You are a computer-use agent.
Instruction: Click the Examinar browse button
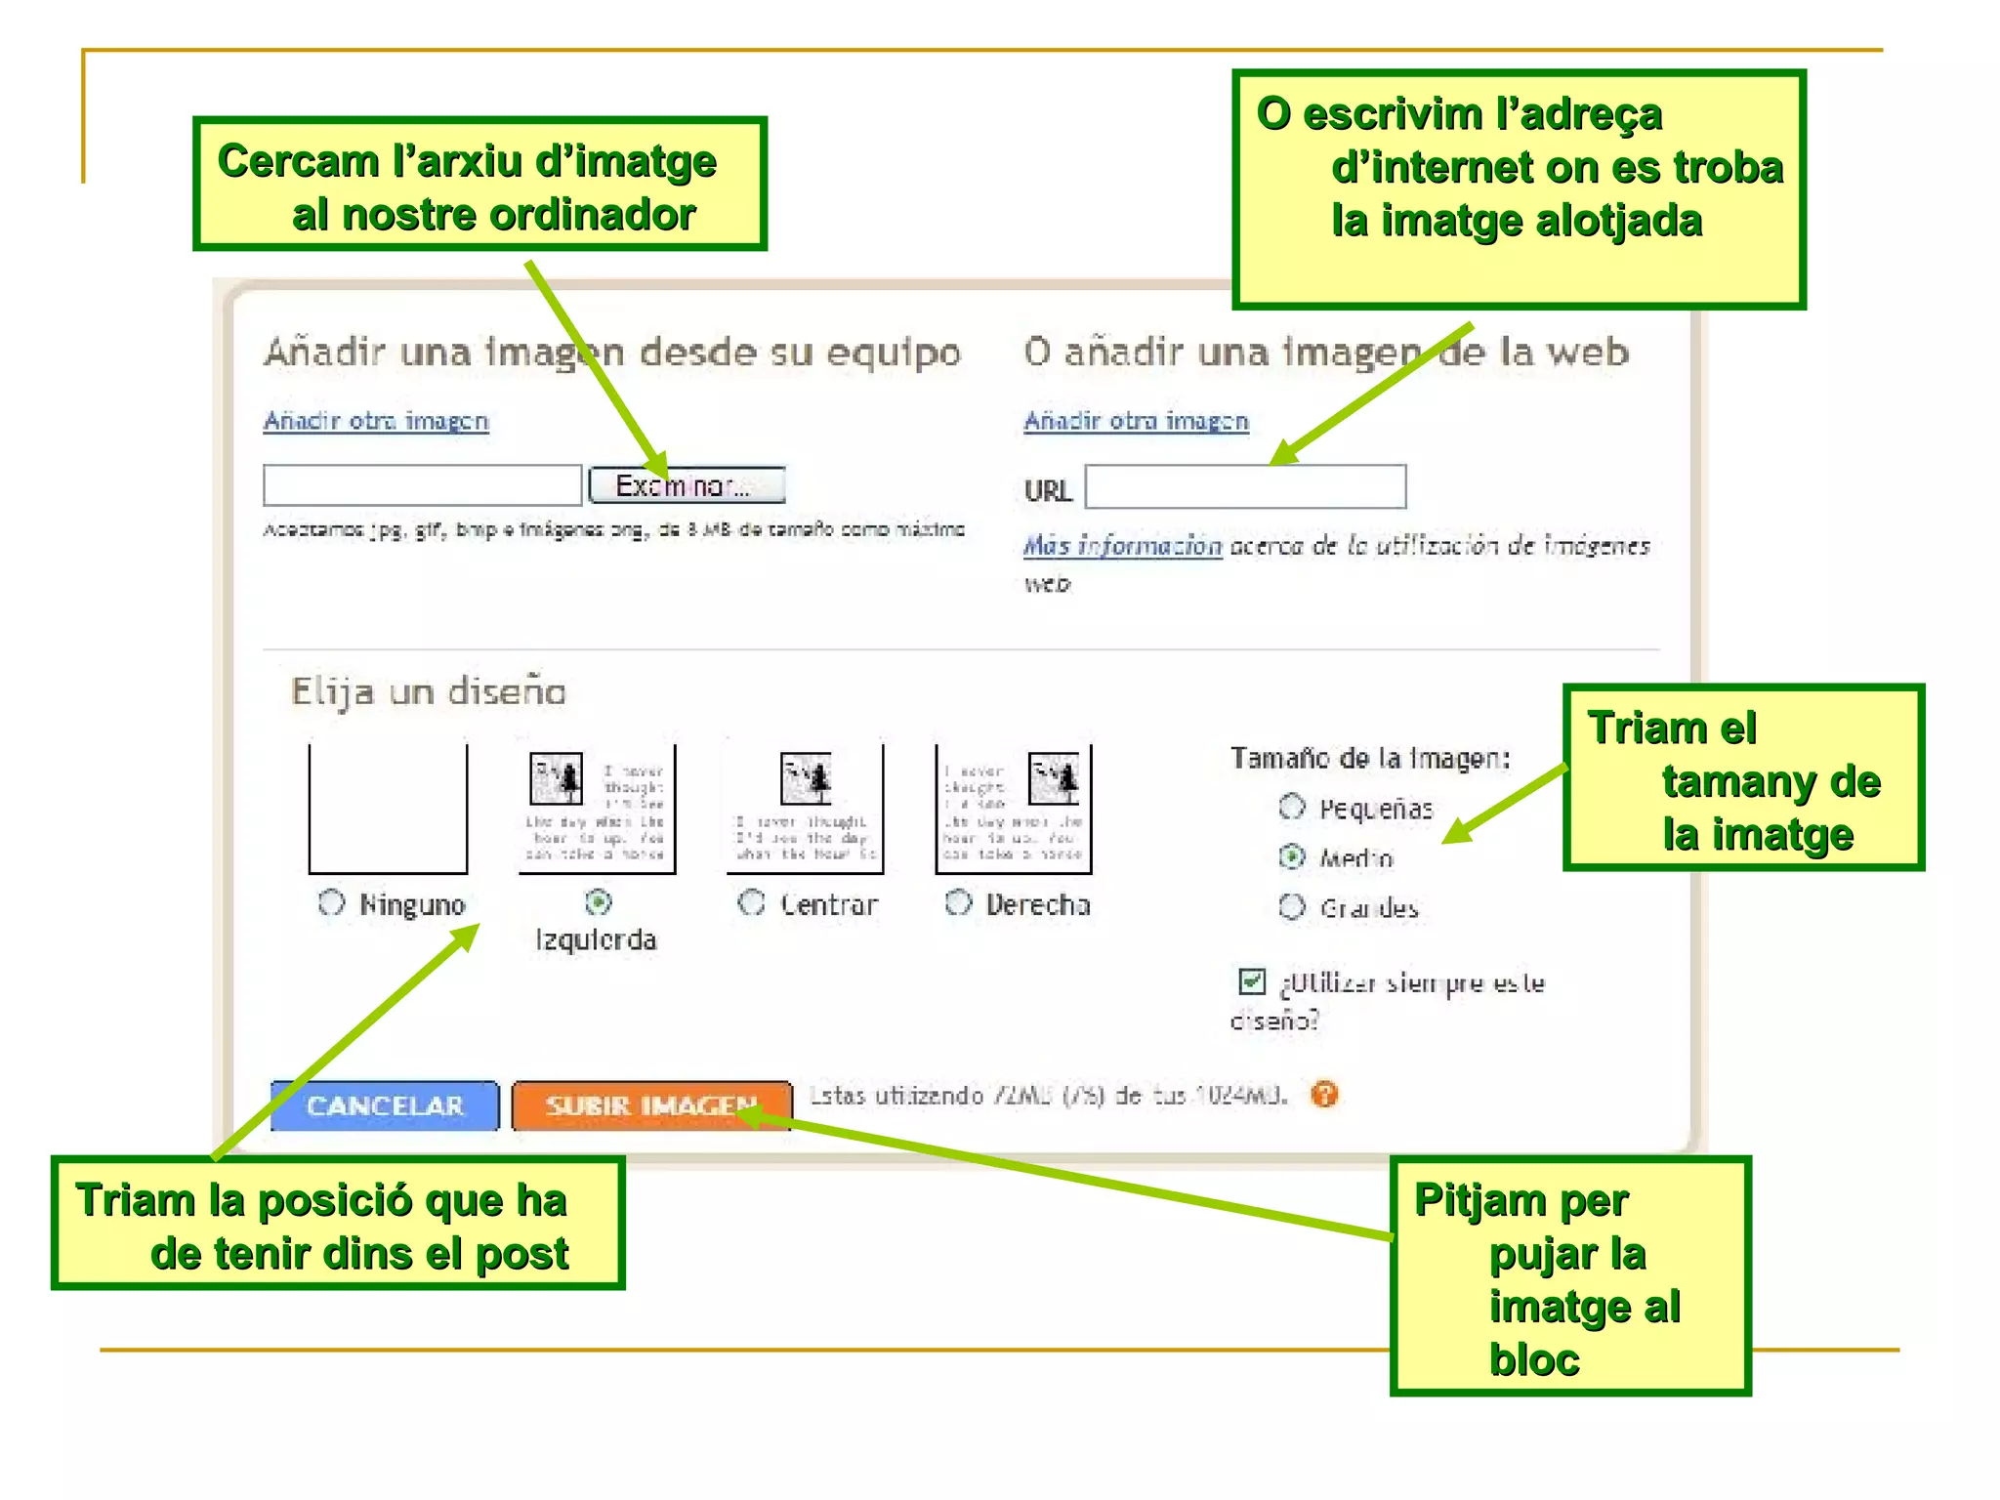pos(687,485)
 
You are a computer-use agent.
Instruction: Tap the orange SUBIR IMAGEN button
pos(651,1105)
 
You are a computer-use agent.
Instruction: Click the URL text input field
pos(1245,486)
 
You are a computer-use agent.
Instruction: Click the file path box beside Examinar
pos(422,485)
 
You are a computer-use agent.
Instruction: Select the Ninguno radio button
pos(332,903)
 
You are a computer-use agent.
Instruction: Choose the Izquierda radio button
pos(599,902)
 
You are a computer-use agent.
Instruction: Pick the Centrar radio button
pos(751,903)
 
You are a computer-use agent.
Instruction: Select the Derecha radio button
pos(959,903)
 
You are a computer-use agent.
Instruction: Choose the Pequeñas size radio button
pos(1292,807)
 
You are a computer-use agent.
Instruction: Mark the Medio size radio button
pos(1292,857)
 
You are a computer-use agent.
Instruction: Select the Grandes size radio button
pos(1292,907)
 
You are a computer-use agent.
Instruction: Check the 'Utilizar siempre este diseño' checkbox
pos(1252,980)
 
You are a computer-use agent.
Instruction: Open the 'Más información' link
pos(1122,546)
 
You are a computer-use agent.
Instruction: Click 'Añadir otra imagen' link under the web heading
pos(1136,421)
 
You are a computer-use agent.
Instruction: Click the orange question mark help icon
pos(1324,1095)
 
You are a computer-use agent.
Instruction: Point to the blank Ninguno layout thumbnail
pos(388,809)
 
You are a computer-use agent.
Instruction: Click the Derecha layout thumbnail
pos(1013,809)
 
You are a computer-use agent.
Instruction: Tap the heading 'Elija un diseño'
pos(429,692)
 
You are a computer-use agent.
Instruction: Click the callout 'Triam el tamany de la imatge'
pos(1742,777)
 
